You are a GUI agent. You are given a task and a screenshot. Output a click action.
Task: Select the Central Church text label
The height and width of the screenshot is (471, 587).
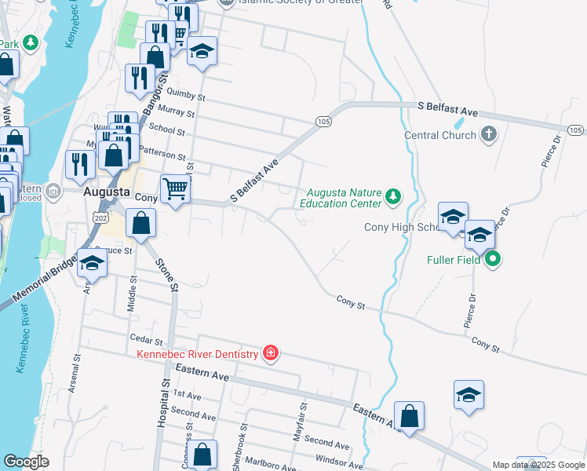(440, 135)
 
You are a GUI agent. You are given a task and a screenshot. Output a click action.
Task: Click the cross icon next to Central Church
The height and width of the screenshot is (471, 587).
(488, 134)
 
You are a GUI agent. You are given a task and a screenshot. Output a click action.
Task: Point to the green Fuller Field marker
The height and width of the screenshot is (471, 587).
(492, 258)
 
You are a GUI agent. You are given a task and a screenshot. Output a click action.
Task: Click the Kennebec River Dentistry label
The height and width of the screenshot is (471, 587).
(198, 354)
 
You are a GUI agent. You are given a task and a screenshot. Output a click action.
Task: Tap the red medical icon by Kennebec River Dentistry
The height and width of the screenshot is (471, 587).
(271, 354)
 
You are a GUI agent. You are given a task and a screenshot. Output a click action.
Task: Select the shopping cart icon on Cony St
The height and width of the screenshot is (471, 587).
(175, 188)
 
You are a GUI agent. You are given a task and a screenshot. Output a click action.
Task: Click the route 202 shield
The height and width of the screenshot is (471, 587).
(100, 215)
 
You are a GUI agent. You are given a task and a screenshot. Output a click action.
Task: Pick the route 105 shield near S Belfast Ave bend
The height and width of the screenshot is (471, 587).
(323, 121)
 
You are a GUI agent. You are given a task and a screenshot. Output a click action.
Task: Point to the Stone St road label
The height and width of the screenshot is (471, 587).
(166, 274)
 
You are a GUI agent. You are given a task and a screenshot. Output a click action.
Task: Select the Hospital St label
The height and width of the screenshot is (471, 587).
(165, 402)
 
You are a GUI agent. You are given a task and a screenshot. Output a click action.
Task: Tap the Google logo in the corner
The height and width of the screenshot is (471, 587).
(27, 462)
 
